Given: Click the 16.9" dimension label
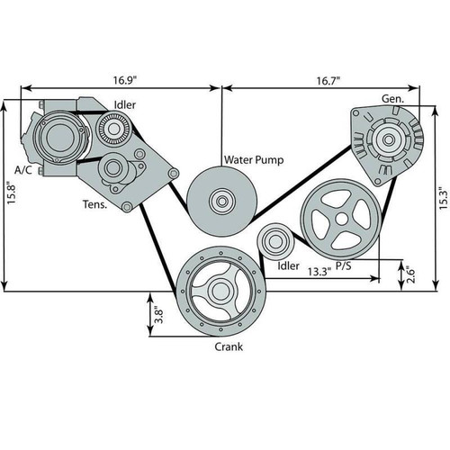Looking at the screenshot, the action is tap(125, 80).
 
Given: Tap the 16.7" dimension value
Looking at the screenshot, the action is tap(328, 81).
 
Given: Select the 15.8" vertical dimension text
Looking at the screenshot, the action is tap(12, 193).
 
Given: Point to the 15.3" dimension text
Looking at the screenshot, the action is tap(444, 198).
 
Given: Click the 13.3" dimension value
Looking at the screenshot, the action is tap(319, 272).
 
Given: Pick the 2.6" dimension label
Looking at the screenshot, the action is tap(410, 274).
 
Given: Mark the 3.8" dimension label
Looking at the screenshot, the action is tap(158, 314).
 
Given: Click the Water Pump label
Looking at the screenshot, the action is tap(254, 159).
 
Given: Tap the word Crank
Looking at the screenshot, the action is tap(229, 346).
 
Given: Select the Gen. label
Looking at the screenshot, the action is tap(392, 99).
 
